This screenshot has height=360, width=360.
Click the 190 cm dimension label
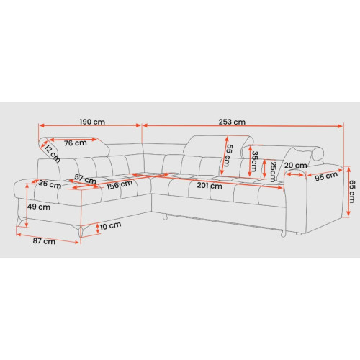92,122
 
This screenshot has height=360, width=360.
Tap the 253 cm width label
232,122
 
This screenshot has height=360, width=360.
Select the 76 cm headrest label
76,143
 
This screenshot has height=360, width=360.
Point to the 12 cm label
53,153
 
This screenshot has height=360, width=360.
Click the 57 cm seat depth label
85,179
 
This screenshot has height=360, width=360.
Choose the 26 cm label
50,184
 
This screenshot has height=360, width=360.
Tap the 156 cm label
120,184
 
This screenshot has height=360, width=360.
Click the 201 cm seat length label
210,186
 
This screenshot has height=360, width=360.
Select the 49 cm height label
39,207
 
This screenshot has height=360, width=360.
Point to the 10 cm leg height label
110,225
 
